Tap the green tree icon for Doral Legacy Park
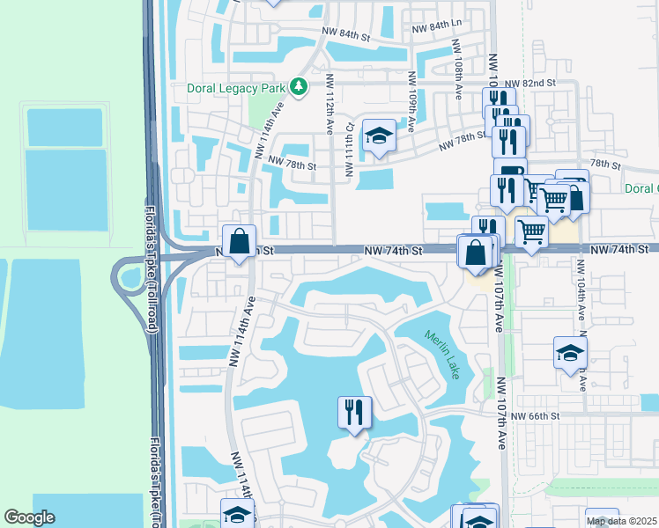click(300, 87)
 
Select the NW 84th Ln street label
click(432, 27)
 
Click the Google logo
click(29, 517)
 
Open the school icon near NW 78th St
click(379, 136)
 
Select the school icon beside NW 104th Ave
click(571, 354)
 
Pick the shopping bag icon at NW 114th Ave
click(239, 241)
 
